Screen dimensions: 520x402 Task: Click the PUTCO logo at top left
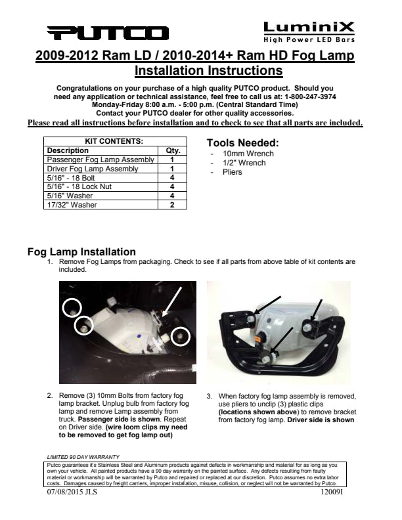click(x=108, y=33)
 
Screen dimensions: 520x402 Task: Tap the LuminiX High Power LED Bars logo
click(x=308, y=30)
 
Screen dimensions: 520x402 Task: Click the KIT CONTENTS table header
click(x=114, y=141)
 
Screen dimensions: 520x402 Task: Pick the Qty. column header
click(x=172, y=150)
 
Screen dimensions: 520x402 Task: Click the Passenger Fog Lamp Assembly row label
click(x=100, y=160)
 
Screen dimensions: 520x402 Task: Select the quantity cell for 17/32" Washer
click(x=172, y=205)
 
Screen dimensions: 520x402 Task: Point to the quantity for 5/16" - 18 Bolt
click(x=172, y=178)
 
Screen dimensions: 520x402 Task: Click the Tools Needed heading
click(x=242, y=143)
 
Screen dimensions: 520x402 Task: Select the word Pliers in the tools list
click(x=233, y=172)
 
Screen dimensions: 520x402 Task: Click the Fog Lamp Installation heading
click(x=81, y=251)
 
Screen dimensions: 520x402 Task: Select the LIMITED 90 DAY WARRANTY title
click(x=83, y=456)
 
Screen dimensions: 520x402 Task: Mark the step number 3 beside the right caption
click(x=209, y=397)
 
